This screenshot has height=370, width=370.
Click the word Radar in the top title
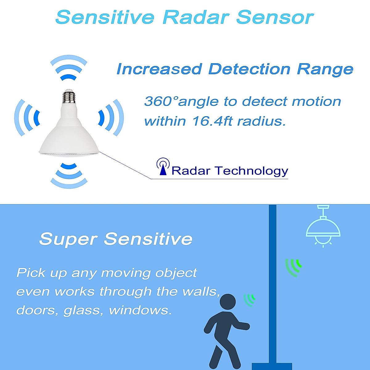(x=196, y=18)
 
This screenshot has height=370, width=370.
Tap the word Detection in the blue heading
(x=249, y=69)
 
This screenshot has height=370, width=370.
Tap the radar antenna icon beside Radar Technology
(x=163, y=166)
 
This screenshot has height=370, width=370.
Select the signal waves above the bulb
(x=69, y=68)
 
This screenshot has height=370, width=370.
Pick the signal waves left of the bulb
(x=27, y=117)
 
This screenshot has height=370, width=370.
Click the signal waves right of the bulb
(x=111, y=117)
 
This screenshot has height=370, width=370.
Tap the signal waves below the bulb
(x=69, y=176)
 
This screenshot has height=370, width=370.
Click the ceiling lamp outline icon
(x=323, y=226)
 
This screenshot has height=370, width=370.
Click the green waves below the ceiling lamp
(x=294, y=267)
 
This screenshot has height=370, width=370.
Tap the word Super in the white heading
(x=68, y=239)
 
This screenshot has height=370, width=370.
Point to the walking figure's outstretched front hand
(x=246, y=327)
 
